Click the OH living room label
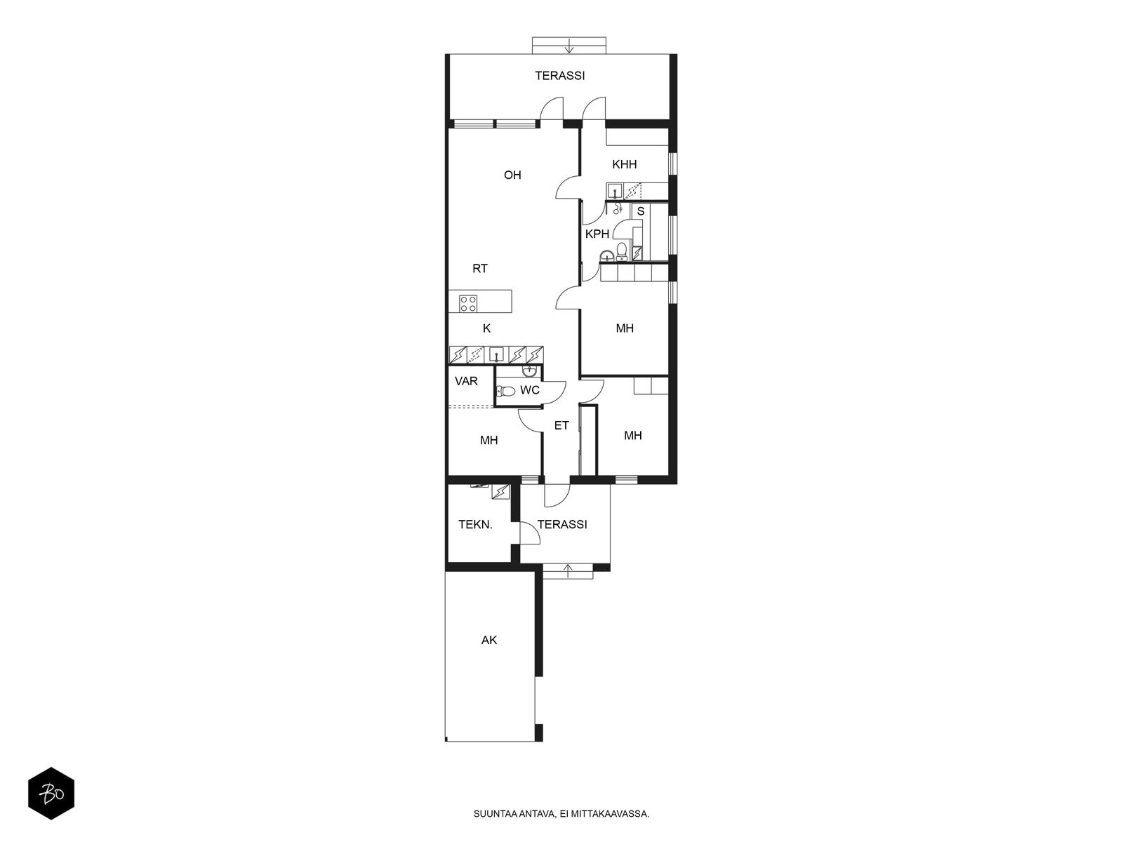pyautogui.click(x=512, y=175)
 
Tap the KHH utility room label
pyautogui.click(x=624, y=164)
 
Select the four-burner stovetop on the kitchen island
pyautogui.click(x=468, y=304)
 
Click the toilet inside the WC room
pyautogui.click(x=505, y=392)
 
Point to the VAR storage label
pyautogui.click(x=466, y=381)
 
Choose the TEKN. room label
pyautogui.click(x=475, y=524)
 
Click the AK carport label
pyautogui.click(x=489, y=640)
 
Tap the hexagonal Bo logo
pyautogui.click(x=51, y=794)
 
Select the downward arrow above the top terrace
pyautogui.click(x=569, y=46)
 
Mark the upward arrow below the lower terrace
pyautogui.click(x=568, y=570)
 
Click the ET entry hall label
pyautogui.click(x=561, y=425)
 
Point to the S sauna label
pyautogui.click(x=641, y=211)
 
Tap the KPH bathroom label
pyautogui.click(x=597, y=234)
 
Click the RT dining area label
pyautogui.click(x=480, y=269)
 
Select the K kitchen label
pyautogui.click(x=486, y=328)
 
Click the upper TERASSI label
pyautogui.click(x=559, y=76)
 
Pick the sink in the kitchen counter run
pyautogui.click(x=496, y=354)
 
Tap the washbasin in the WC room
pyautogui.click(x=529, y=370)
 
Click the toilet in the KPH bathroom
pyautogui.click(x=621, y=251)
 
